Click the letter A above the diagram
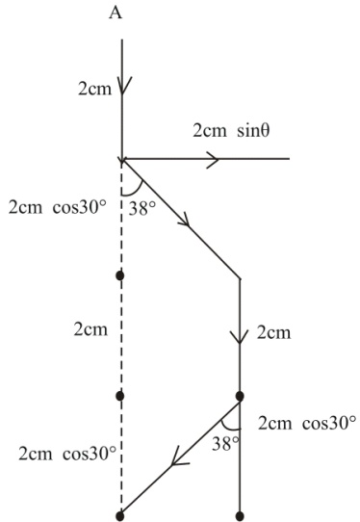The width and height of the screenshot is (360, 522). pyautogui.click(x=120, y=14)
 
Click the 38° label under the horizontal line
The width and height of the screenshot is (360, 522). pyautogui.click(x=146, y=204)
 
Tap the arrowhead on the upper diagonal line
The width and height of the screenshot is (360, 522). pyautogui.click(x=183, y=223)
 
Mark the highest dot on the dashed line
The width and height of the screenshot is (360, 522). pyautogui.click(x=120, y=276)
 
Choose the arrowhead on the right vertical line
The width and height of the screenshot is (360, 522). pyautogui.click(x=239, y=336)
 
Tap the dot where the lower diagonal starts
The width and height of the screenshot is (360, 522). pyautogui.click(x=239, y=396)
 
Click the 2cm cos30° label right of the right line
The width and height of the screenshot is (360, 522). pyautogui.click(x=308, y=422)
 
